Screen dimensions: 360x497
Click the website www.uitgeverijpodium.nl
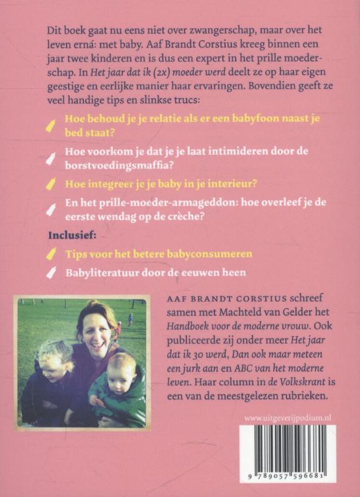pyautogui.click(x=287, y=418)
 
